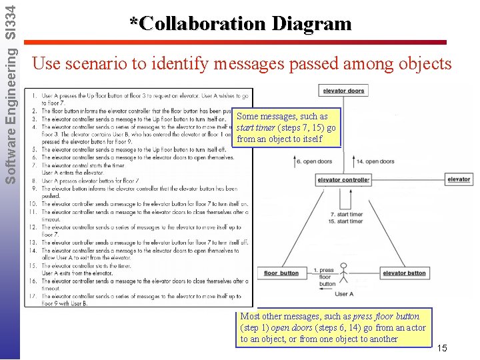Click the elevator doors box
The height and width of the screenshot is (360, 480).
[343, 91]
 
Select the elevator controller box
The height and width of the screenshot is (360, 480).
[343, 180]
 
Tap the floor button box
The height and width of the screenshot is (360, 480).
[281, 273]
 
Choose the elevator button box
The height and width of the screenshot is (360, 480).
[404, 273]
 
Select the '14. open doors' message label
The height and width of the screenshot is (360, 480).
[375, 161]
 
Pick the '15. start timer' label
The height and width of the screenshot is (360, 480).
[347, 221]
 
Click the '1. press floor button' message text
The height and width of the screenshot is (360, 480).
[326, 277]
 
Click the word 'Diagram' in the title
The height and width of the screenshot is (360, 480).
[309, 24]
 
